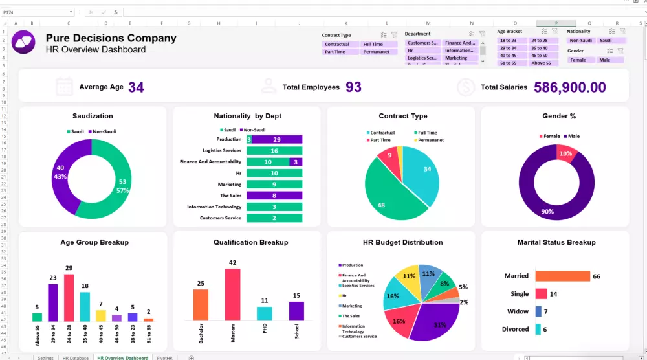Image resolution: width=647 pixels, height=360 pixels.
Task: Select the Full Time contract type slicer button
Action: [x=378, y=45]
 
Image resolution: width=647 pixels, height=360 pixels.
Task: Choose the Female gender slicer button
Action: [x=578, y=60]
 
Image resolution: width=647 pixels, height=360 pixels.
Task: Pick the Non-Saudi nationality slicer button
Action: [x=580, y=41]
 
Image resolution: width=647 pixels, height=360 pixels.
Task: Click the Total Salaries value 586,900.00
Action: [x=569, y=87]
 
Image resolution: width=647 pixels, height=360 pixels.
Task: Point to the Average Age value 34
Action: [x=136, y=87]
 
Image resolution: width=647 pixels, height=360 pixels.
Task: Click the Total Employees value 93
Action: [x=353, y=87]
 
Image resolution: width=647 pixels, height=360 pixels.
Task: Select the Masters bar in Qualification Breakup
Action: [x=232, y=295]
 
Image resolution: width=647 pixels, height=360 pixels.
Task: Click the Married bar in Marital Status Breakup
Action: [x=562, y=276]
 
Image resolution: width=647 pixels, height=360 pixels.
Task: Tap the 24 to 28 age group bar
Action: [x=69, y=298]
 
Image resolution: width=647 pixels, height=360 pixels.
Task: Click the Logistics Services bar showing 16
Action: [x=274, y=151]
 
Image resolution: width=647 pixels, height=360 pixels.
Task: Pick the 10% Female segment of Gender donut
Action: [x=565, y=153]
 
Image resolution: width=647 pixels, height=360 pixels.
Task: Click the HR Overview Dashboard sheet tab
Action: [x=122, y=357]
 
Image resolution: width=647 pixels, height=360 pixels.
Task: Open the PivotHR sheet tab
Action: [x=165, y=357]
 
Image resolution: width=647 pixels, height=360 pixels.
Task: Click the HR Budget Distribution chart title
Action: [x=402, y=243]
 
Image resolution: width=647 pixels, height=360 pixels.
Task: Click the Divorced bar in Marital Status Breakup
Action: [x=538, y=329]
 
